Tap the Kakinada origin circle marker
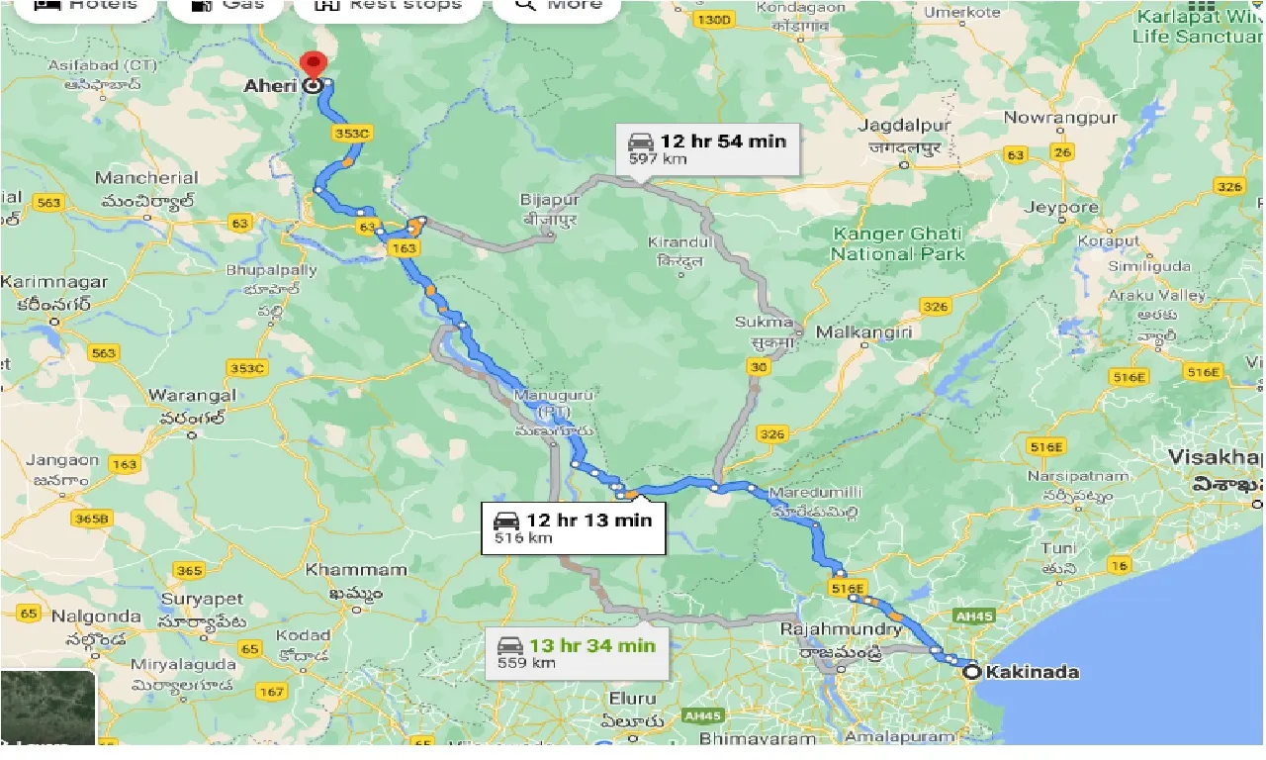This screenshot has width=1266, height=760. click(972, 672)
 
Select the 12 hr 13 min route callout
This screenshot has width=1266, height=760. click(574, 527)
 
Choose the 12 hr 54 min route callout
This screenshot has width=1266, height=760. click(708, 147)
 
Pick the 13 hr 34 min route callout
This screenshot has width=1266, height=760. click(577, 652)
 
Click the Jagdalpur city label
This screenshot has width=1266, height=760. click(905, 126)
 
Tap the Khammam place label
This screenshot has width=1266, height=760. click(356, 570)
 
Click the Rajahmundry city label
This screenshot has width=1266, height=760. click(841, 629)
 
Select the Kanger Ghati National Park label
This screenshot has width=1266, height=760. click(898, 243)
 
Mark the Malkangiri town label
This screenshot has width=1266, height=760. click(864, 332)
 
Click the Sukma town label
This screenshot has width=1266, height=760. click(765, 322)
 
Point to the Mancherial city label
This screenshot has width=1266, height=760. click(146, 178)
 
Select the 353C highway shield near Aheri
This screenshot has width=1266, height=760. click(352, 133)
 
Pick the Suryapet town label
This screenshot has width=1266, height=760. click(199, 600)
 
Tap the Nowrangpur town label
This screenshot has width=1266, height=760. click(1060, 118)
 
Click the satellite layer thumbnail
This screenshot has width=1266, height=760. click(47, 708)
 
